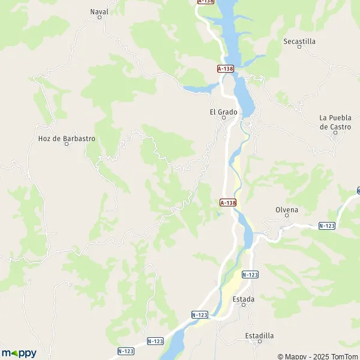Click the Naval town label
(100, 11)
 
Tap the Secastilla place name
(299, 41)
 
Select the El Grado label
(223, 112)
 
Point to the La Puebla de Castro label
(335, 122)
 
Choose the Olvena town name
(287, 209)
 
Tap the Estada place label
(244, 299)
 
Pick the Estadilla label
(260, 335)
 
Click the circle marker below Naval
(100, 18)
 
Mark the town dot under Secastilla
(299, 49)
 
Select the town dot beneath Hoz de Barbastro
(67, 145)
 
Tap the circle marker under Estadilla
(260, 342)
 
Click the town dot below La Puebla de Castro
(335, 133)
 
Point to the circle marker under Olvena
(287, 217)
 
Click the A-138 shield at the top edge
(206, 2)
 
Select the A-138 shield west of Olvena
(228, 203)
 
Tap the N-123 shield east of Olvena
(326, 226)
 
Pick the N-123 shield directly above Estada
(250, 274)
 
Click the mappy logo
(19, 353)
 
